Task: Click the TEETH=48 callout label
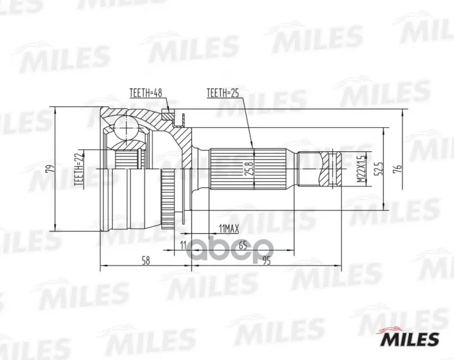pyautogui.click(x=146, y=93)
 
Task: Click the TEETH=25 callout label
pyautogui.click(x=223, y=93)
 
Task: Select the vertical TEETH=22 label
pyautogui.click(x=79, y=169)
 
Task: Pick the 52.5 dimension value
pyautogui.click(x=379, y=168)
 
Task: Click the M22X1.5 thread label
pyautogui.click(x=362, y=169)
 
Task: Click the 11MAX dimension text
pyautogui.click(x=229, y=229)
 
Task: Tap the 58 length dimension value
pyautogui.click(x=146, y=260)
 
